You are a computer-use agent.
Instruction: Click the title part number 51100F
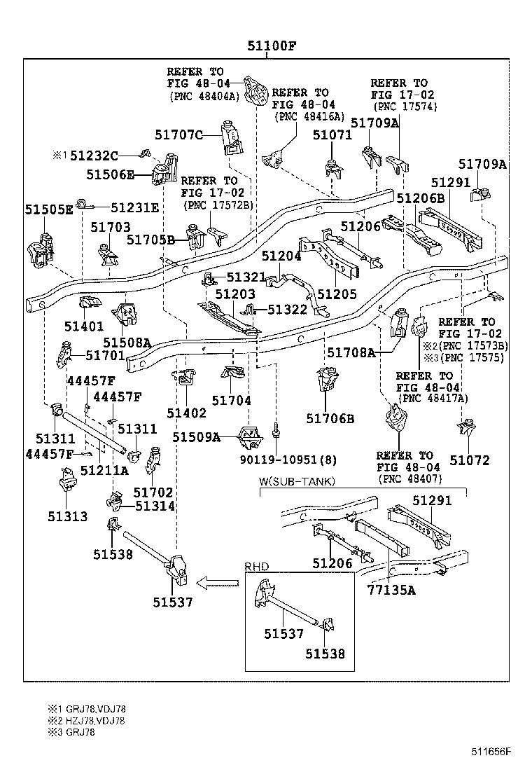272,48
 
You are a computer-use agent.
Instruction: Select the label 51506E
111,174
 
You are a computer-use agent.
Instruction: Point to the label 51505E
49,209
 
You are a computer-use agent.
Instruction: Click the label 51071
332,135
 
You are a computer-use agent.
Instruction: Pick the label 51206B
421,198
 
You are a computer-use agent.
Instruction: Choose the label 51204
281,257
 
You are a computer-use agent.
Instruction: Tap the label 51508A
127,343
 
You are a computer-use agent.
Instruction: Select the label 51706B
330,419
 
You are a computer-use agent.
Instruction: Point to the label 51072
470,460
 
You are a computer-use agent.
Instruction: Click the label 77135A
391,590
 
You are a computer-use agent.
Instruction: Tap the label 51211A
104,471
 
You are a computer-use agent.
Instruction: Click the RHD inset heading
256,567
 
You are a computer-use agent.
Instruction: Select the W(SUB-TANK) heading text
297,481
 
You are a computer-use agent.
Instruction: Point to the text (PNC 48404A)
204,96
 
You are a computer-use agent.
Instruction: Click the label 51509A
197,438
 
